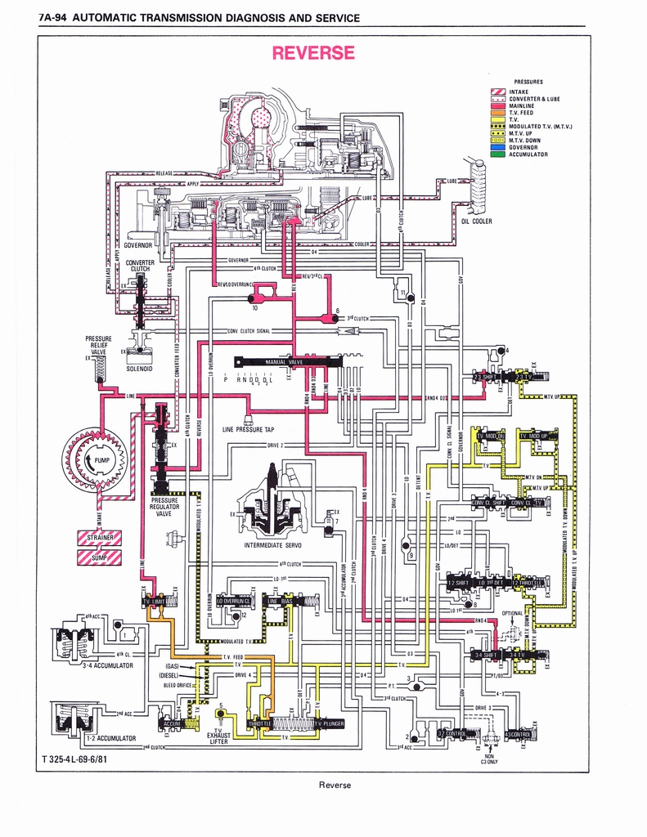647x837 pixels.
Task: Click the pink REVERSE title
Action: [x=313, y=53]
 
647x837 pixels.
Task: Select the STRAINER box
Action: [x=99, y=537]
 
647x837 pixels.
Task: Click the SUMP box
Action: [x=99, y=557]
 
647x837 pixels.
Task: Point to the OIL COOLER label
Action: [x=476, y=221]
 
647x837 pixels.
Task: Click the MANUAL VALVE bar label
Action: [x=284, y=361]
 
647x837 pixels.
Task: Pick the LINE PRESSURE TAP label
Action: [x=248, y=429]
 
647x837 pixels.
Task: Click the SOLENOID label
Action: [x=140, y=368]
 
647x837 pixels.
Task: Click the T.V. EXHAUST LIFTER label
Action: [x=218, y=736]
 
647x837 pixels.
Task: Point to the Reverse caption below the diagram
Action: [x=335, y=785]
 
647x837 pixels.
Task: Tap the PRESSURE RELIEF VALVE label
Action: [x=98, y=345]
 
